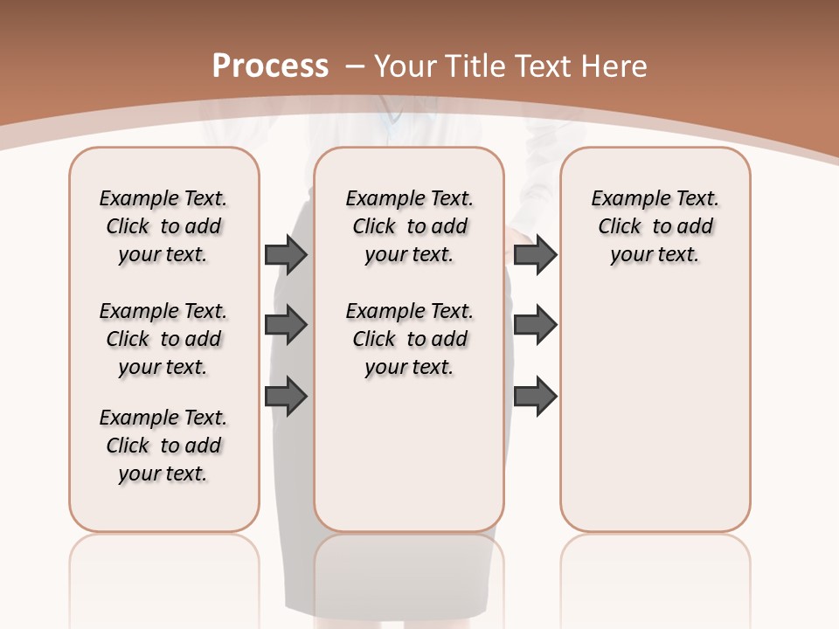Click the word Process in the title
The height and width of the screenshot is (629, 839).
[x=270, y=66]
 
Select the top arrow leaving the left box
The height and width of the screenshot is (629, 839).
[x=286, y=254]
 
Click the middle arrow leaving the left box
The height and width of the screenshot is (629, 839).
[x=286, y=325]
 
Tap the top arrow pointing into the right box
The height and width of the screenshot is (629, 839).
[x=535, y=254]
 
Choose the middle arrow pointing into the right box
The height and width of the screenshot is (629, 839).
[x=535, y=325]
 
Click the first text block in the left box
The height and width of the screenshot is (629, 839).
[x=163, y=226]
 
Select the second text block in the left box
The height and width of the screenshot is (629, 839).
[x=163, y=339]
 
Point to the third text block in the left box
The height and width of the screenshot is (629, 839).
[x=163, y=446]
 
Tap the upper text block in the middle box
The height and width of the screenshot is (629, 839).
[x=409, y=226]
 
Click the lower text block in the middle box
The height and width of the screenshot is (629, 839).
[x=409, y=339]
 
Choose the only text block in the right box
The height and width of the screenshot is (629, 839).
[x=655, y=226]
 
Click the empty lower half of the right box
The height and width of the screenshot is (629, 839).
[x=655, y=419]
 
